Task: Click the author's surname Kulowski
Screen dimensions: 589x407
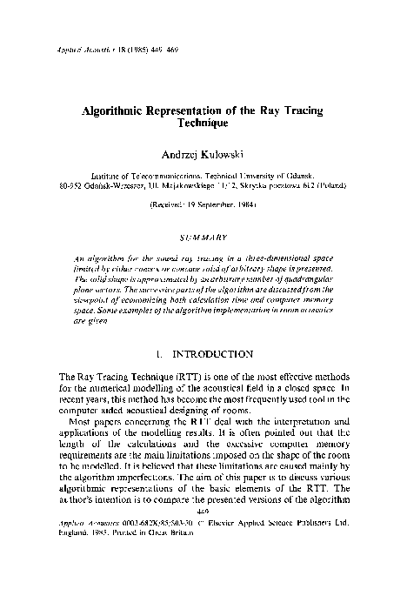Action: click(226, 153)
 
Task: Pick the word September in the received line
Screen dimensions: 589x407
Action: click(215, 206)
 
